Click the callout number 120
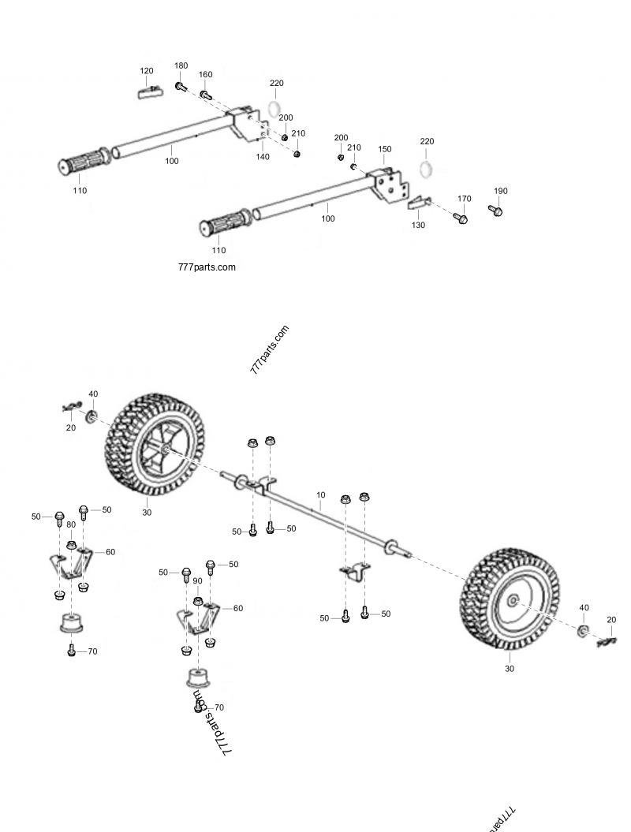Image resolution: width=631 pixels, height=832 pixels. point(147,71)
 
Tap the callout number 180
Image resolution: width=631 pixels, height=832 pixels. point(181,65)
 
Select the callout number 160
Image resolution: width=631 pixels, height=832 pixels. point(205,75)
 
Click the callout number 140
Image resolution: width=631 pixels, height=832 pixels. point(263,157)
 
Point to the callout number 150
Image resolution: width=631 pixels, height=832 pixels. point(385,149)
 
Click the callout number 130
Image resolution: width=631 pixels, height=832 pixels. point(418,225)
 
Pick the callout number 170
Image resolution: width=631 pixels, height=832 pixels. point(465,199)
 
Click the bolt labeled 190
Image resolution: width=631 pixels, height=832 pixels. point(496,210)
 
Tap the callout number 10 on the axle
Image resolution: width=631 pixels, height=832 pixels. point(320,496)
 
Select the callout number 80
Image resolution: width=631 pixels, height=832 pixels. point(70,524)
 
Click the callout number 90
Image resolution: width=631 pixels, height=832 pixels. point(197,580)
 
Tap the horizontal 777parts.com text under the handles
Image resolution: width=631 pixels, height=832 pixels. point(207,267)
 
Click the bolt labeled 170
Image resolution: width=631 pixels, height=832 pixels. point(463,217)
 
